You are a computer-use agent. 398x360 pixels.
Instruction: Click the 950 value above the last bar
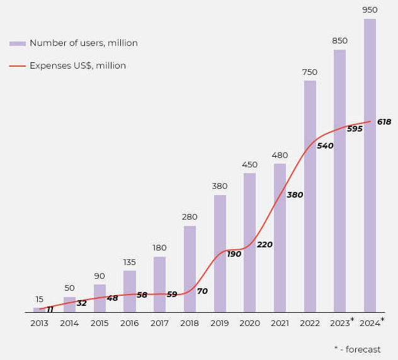click(x=370, y=10)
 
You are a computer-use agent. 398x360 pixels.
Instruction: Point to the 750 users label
click(x=310, y=72)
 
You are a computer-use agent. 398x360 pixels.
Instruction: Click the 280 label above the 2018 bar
click(x=190, y=217)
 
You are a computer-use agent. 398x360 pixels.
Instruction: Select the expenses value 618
click(x=384, y=122)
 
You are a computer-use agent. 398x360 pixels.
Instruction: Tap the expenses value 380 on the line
click(x=295, y=195)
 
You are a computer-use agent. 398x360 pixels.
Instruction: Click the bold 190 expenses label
click(x=234, y=254)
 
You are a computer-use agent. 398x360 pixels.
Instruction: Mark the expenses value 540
click(x=325, y=146)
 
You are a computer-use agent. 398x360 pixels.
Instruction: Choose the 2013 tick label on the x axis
click(x=39, y=323)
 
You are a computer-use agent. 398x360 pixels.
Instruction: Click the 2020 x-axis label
click(x=250, y=323)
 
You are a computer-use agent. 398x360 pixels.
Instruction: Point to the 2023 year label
click(x=339, y=323)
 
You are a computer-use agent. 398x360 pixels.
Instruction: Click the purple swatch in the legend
click(x=18, y=43)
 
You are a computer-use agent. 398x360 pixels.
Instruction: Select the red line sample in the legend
click(x=18, y=66)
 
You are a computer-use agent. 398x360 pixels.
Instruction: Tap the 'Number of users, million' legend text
click(x=83, y=43)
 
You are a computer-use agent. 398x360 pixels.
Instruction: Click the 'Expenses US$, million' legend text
click(x=77, y=66)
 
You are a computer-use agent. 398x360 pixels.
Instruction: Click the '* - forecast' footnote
click(x=357, y=349)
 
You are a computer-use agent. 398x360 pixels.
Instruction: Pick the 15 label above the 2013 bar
click(x=39, y=300)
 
